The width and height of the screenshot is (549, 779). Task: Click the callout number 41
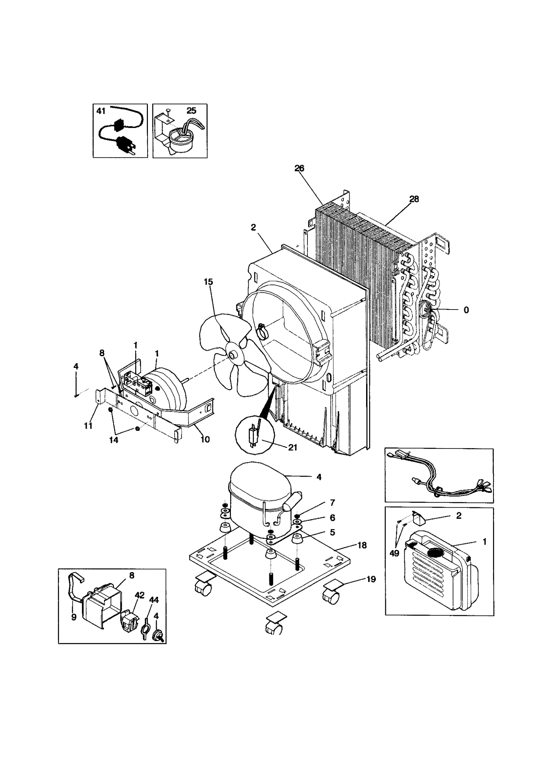pos(101,111)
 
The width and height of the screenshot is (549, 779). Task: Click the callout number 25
pos(191,110)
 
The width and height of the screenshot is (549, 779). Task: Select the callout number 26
pos(299,168)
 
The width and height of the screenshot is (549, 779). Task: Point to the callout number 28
pos(414,199)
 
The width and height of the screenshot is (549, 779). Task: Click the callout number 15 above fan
pos(208,282)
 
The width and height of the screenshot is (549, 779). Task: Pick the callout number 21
pos(292,447)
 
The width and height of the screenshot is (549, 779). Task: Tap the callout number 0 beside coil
pos(466,310)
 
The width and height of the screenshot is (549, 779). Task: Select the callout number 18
pos(362,545)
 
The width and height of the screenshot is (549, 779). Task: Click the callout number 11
pos(88,426)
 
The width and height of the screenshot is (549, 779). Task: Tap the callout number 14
pos(114,440)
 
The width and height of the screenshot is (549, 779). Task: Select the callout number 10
pos(205,439)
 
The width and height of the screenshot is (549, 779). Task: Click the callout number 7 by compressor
pos(332,502)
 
